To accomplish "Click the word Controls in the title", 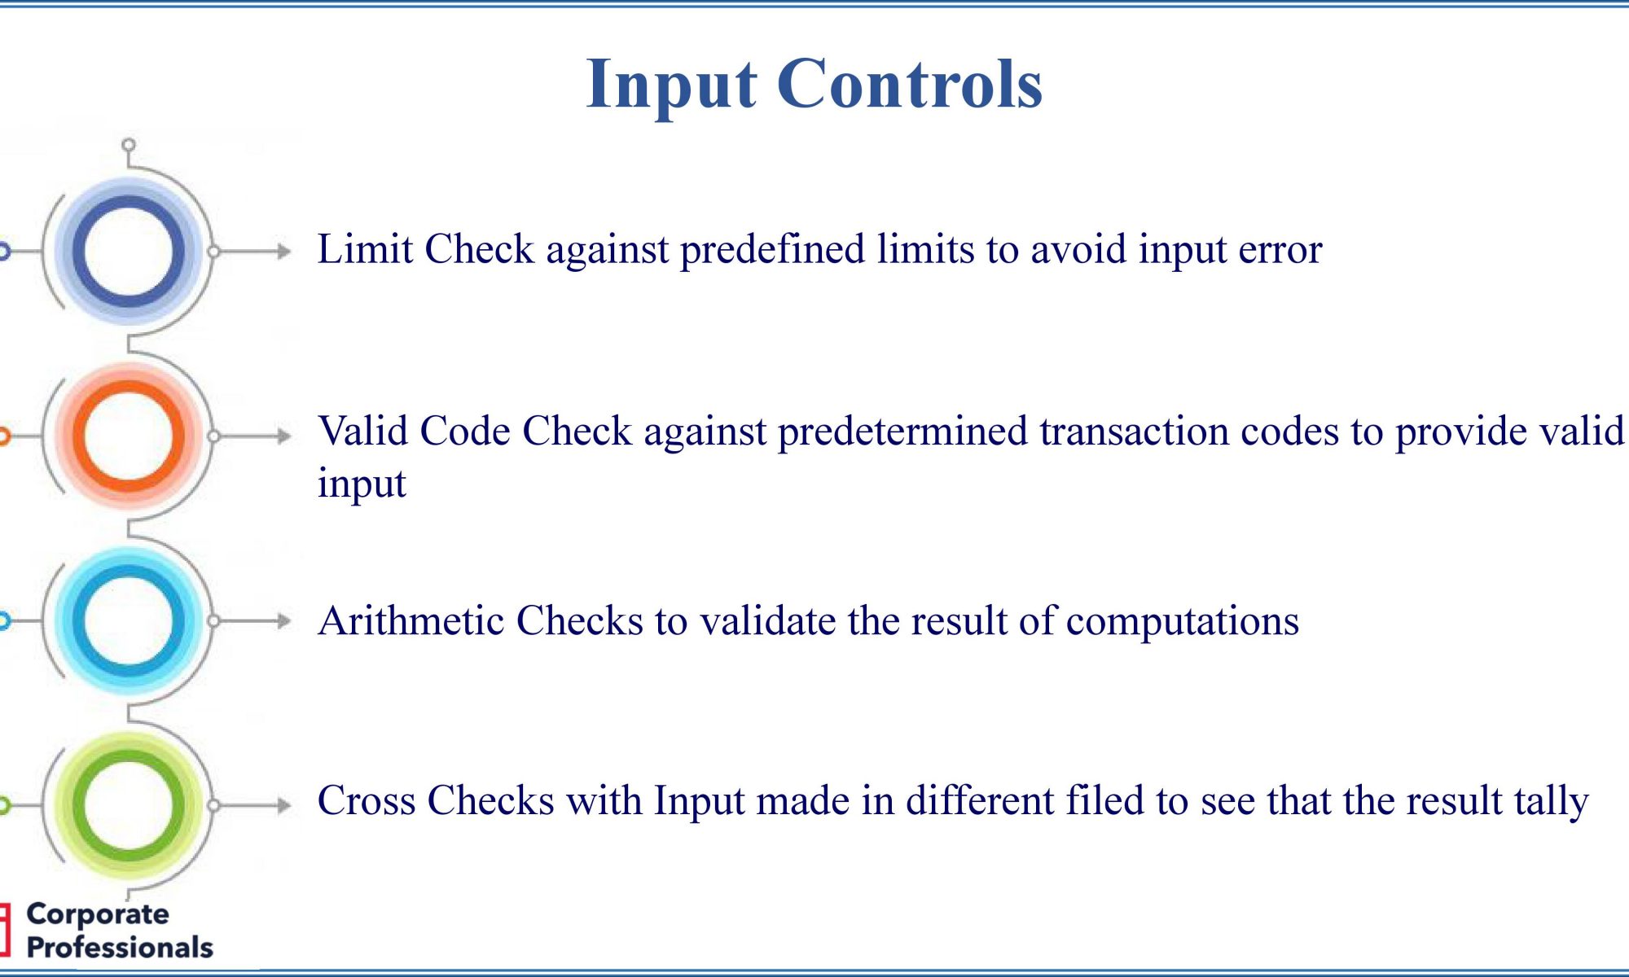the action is click(x=910, y=83).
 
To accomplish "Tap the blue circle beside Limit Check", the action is click(x=129, y=252).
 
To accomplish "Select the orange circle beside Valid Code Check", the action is click(x=129, y=436).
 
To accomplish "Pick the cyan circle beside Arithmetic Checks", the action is click(x=129, y=620).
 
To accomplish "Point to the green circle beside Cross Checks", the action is click(x=129, y=804).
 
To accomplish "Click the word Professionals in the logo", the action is click(x=120, y=948).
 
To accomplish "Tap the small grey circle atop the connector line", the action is click(x=129, y=146).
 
